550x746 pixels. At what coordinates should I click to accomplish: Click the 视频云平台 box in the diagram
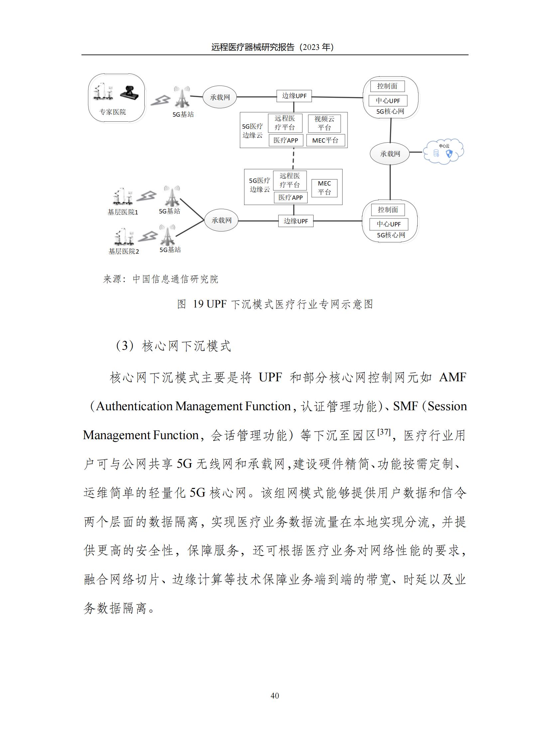tap(324, 123)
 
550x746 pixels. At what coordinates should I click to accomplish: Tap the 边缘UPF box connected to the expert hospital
tap(294, 96)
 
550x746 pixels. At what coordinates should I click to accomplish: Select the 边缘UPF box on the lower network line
tap(296, 221)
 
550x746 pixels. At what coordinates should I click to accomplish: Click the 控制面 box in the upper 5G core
tap(387, 86)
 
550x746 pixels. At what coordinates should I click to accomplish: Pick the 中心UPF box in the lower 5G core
tap(388, 224)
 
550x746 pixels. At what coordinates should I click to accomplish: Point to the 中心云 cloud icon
tap(443, 152)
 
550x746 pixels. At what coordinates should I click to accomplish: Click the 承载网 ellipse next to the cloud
tap(390, 154)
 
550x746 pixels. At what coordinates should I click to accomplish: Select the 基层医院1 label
tap(122, 212)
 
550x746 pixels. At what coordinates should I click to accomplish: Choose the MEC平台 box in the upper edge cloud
tap(325, 141)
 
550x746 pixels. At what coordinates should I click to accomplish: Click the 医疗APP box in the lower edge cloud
tap(290, 197)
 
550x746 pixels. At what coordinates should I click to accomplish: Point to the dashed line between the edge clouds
tap(293, 159)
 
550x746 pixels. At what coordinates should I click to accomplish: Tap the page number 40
tap(275, 695)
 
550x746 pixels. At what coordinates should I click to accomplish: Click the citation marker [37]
tap(384, 432)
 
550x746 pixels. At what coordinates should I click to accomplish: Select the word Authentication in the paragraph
tap(134, 406)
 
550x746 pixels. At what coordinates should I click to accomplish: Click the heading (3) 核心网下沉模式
tap(173, 346)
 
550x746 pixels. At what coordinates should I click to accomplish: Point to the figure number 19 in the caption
tap(198, 304)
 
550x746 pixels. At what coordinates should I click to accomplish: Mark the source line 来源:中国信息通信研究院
tap(161, 279)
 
